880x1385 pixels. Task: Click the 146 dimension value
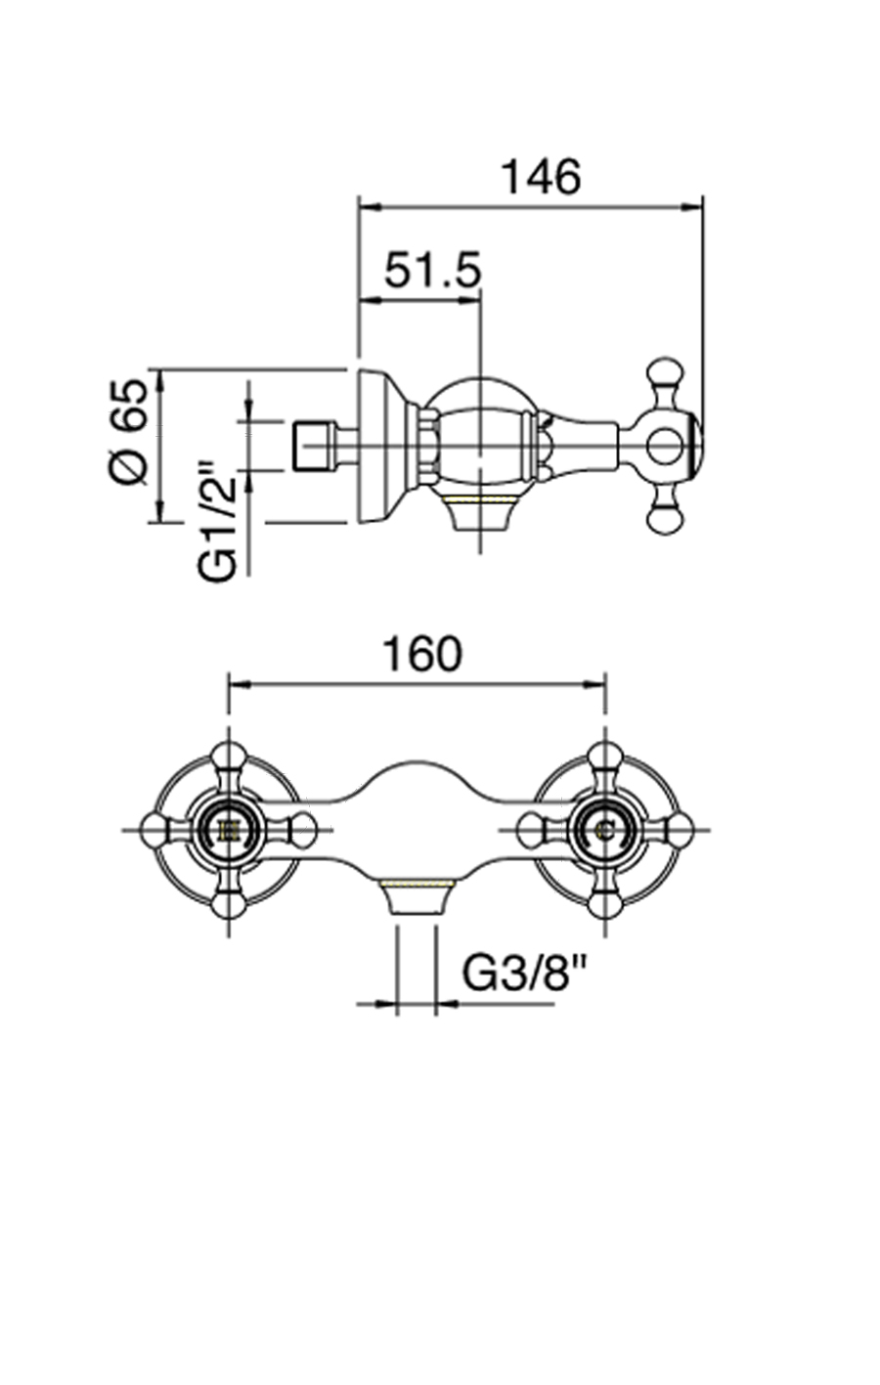540,177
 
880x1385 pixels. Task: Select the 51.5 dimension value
432,270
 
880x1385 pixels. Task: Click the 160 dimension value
419,654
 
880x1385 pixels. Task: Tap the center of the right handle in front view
605,831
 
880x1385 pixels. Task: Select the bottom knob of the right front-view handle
605,905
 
